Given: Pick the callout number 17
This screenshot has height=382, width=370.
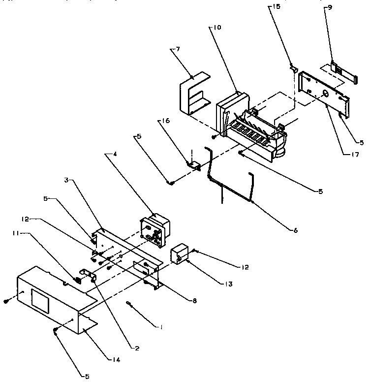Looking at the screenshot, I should pyautogui.click(x=354, y=155).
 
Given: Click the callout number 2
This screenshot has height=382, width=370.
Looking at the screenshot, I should pyautogui.click(x=137, y=348).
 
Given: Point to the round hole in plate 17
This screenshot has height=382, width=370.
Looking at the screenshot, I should pyautogui.click(x=326, y=93).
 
